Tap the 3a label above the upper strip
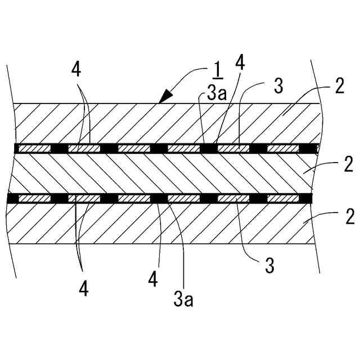217,93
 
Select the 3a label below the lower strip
183,298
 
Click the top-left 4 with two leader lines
76,70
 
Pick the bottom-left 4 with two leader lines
83,288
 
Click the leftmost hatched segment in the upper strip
34,148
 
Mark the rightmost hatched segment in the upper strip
283,148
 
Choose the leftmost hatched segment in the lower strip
34,199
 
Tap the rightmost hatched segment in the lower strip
283,199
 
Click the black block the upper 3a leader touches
209,148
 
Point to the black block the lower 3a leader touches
159,199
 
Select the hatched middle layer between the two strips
163,173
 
